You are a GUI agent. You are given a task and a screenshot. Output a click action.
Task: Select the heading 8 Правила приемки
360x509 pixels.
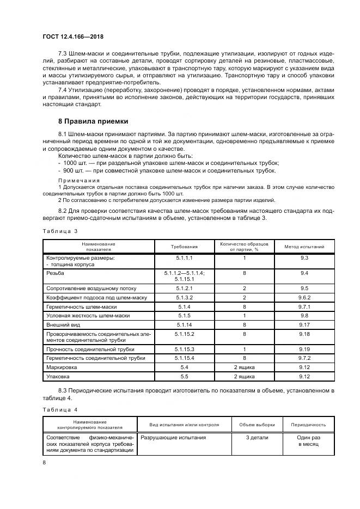(x=93, y=121)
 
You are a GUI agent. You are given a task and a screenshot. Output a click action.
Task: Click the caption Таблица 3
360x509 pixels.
(x=60, y=231)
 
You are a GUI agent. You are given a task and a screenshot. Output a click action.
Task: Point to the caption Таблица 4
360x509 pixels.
(x=60, y=409)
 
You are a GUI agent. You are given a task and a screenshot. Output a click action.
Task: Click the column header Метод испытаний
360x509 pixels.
(x=304, y=247)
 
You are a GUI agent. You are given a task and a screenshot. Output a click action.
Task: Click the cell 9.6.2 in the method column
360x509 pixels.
(x=304, y=298)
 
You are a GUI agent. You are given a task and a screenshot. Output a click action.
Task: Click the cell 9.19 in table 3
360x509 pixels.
(x=304, y=348)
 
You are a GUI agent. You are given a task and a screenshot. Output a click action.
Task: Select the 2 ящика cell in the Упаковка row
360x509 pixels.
(x=244, y=376)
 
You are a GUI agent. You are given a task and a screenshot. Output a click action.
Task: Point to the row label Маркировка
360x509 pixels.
(x=62, y=367)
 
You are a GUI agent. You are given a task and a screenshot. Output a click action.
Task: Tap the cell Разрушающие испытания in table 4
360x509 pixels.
(x=173, y=437)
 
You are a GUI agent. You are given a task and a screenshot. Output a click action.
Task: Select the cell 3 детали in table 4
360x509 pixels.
(x=257, y=437)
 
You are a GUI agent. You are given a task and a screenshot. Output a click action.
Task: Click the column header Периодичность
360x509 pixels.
(x=308, y=425)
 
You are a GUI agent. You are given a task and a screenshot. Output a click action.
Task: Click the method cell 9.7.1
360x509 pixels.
(x=304, y=306)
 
